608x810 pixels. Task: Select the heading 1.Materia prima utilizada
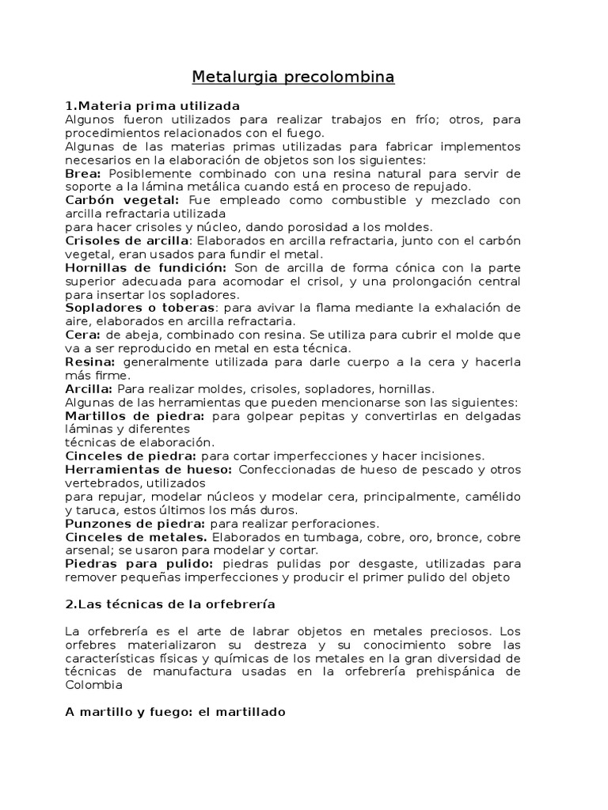pyautogui.click(x=152, y=106)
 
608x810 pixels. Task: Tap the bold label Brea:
pyautogui.click(x=84, y=173)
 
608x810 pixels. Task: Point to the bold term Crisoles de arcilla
pyautogui.click(x=127, y=240)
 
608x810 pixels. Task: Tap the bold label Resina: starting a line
pyautogui.click(x=90, y=361)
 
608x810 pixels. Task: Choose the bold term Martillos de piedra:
pyautogui.click(x=135, y=415)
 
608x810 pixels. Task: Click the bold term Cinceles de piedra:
pyautogui.click(x=131, y=456)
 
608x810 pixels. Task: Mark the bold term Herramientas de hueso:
pyautogui.click(x=148, y=469)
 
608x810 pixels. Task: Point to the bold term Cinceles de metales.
pyautogui.click(x=135, y=536)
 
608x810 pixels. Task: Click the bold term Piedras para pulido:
pyautogui.click(x=139, y=563)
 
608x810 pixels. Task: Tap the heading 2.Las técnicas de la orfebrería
pyautogui.click(x=169, y=604)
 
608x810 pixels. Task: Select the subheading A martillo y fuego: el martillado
pyautogui.click(x=174, y=712)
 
